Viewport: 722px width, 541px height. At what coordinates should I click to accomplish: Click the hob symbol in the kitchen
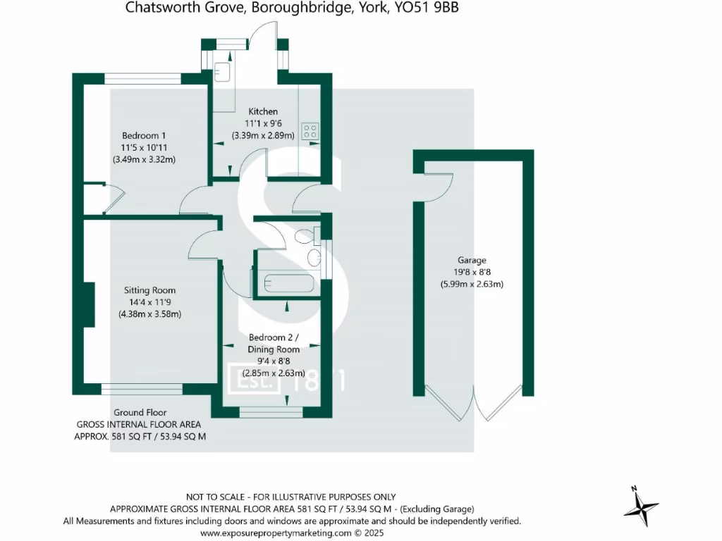click(310, 131)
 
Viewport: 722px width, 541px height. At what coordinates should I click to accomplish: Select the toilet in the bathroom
click(306, 237)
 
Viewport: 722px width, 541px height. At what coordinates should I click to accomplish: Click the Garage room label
click(472, 260)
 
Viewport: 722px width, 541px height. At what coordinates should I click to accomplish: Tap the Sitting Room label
click(149, 290)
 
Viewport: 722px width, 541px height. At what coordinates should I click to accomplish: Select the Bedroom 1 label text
click(144, 135)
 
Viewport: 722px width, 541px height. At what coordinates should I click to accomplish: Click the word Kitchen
click(262, 111)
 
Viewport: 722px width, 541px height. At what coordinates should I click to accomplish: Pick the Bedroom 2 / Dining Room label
click(273, 343)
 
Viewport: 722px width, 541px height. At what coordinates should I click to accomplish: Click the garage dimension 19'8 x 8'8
click(472, 272)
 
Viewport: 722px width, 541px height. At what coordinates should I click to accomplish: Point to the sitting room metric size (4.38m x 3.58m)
click(149, 314)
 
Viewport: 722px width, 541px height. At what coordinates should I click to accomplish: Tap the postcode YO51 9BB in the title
click(425, 8)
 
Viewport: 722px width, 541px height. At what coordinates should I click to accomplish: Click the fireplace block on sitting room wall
click(90, 304)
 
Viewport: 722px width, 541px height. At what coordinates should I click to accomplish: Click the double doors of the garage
click(474, 405)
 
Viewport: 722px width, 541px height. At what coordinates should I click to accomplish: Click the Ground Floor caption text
click(140, 412)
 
